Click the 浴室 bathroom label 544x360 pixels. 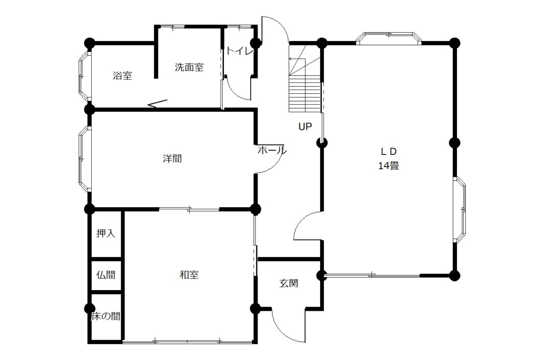point(122,75)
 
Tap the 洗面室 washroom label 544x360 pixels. point(189,67)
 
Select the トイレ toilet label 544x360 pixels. point(240,51)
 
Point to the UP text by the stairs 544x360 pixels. point(305,126)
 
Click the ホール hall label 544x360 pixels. point(272,150)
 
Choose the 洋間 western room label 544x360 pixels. point(173,159)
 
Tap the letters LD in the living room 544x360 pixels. point(389,151)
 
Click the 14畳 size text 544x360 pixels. point(389,166)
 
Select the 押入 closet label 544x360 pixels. point(106,234)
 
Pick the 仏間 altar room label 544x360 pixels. point(106,275)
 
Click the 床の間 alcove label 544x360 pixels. point(106,316)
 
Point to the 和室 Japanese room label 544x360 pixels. point(189,275)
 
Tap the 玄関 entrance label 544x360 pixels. point(289,283)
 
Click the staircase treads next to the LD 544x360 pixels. point(305,94)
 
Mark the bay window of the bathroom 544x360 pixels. point(84,76)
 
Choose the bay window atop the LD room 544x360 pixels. point(389,38)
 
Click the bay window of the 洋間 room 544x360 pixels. point(84,159)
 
